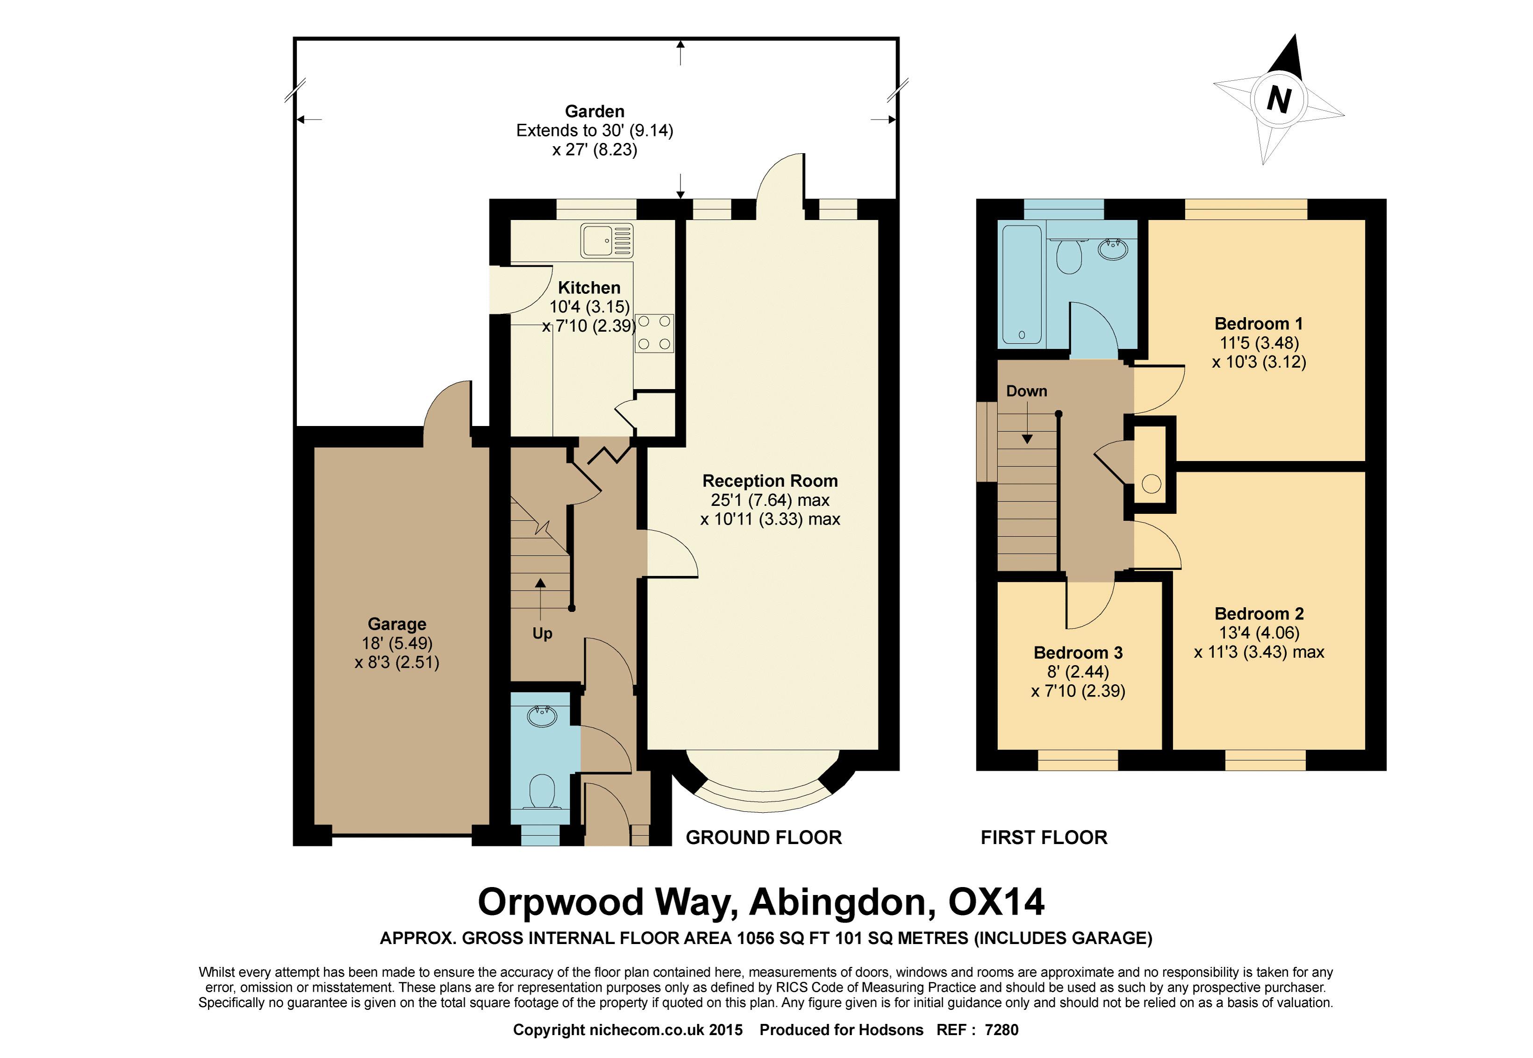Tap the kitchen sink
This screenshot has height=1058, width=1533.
(607, 241)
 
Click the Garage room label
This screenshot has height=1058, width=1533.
(397, 624)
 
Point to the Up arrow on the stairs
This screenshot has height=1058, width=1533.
(541, 600)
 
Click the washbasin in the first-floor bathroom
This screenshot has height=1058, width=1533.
(1112, 249)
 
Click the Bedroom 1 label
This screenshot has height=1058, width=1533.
(1258, 324)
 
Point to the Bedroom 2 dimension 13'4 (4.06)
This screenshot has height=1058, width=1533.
(1259, 632)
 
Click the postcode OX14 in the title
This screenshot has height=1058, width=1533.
(996, 902)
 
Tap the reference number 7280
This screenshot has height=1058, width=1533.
(1002, 1030)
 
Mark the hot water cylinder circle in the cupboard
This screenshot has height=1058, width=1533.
(1152, 484)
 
